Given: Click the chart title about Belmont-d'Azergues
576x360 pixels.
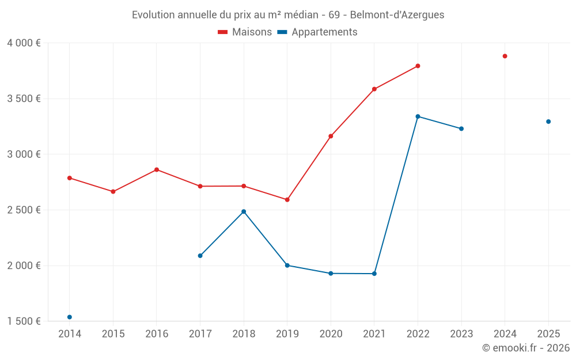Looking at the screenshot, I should point(288,15).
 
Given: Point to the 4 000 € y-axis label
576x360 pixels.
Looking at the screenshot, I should point(24,43).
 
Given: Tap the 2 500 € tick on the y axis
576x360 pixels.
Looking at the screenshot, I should point(24,210).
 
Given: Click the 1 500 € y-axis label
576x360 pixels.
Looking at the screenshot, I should point(24,321).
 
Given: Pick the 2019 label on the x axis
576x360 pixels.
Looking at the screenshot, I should point(287,334).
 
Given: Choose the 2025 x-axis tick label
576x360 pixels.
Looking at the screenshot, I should point(548,334).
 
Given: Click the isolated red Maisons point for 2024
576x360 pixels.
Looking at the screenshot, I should point(505,56).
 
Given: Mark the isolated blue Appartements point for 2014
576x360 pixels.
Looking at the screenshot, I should point(70,317).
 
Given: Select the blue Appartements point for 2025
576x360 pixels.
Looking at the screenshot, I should point(548,122).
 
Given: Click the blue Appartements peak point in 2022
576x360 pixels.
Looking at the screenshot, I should point(418,116).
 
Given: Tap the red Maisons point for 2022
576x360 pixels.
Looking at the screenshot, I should point(418,66).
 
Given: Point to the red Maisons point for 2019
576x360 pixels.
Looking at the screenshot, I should point(287,200).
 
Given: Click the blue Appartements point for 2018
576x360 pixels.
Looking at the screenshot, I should point(244,211).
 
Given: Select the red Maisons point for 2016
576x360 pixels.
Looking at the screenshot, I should point(157,170).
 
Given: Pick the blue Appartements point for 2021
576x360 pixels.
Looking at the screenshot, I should point(374,274).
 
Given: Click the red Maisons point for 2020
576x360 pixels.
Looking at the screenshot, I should point(331,137).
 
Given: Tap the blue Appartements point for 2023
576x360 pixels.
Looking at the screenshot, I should point(461,128).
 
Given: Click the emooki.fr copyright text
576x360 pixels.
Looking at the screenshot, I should point(525,348).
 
